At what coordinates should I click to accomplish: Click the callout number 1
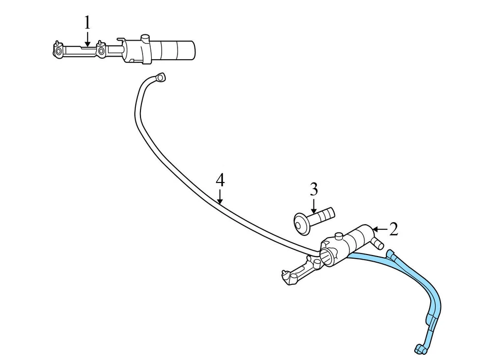pyautogui.click(x=87, y=23)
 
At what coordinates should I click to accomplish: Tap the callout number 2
pyautogui.click(x=394, y=229)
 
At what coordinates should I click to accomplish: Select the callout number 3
pyautogui.click(x=314, y=190)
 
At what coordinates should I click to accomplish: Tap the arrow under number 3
pyautogui.click(x=314, y=207)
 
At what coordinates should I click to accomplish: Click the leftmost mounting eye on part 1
pyautogui.click(x=58, y=51)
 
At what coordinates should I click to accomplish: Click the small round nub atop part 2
pyautogui.click(x=338, y=236)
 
